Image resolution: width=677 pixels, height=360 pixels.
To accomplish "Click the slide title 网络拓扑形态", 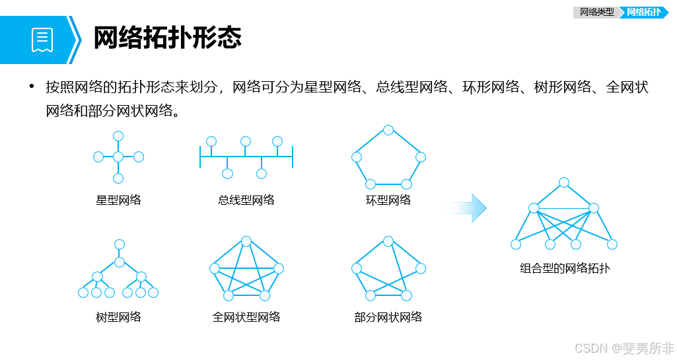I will pos(167,38).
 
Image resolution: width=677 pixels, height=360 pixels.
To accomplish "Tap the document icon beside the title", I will pos(42,40).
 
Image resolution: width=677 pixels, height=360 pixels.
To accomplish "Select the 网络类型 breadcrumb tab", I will pos(596,12).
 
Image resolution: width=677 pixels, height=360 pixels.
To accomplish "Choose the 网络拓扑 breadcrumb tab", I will pos(643,12).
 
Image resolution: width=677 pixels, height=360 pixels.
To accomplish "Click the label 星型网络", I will pos(118,200).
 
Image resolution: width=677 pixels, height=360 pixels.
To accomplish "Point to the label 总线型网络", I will pos(246,200).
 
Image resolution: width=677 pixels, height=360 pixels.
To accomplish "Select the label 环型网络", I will pos(388,200).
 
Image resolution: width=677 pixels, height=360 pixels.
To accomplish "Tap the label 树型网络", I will pos(118,317).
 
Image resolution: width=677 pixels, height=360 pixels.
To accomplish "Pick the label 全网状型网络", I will pos(246,317).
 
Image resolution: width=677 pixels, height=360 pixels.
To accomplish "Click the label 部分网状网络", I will pos(388,317).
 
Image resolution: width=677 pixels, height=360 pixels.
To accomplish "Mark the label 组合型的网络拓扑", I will pos(564,268).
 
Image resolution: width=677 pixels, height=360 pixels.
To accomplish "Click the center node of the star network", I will pos(118,157).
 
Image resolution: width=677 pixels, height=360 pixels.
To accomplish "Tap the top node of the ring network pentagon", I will pos(388,129).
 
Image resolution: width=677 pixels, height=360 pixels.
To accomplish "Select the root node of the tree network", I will pos(120,244).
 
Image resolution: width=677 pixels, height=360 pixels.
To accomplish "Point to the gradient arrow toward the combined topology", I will pos(464,208).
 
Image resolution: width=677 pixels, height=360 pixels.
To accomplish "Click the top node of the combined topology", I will pos(563,182).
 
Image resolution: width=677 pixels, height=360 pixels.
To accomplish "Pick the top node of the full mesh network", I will pos(246,240).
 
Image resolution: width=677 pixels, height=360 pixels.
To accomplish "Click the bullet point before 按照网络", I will pos(30,87).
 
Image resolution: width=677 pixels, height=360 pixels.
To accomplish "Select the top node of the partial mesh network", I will pos(388,240).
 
